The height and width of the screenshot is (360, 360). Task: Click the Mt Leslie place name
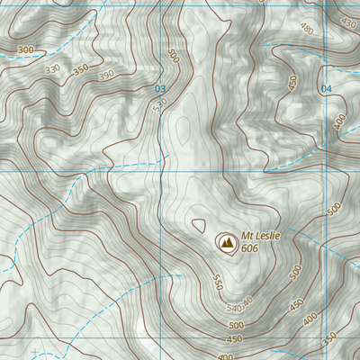click(261, 236)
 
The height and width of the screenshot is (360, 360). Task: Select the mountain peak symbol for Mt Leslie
click(225, 242)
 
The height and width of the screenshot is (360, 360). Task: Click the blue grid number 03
click(161, 88)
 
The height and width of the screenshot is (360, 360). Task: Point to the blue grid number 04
click(326, 88)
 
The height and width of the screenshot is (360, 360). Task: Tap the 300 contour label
click(25, 49)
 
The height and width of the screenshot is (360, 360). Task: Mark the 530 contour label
click(161, 105)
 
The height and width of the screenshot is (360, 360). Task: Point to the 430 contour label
click(349, 22)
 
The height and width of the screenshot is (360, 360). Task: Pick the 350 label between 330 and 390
click(81, 68)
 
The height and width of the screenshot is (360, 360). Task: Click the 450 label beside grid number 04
click(292, 83)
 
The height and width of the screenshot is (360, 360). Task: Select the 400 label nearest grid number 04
click(340, 121)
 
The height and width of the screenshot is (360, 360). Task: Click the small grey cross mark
click(34, 351)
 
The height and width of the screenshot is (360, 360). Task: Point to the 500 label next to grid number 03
click(174, 55)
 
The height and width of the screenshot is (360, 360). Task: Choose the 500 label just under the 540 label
click(237, 324)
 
